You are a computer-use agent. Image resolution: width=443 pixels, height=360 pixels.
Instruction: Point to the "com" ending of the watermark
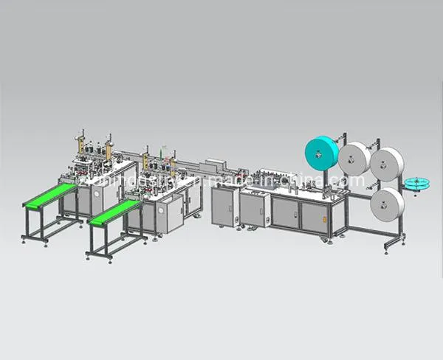pyautogui.click(x=351, y=181)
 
